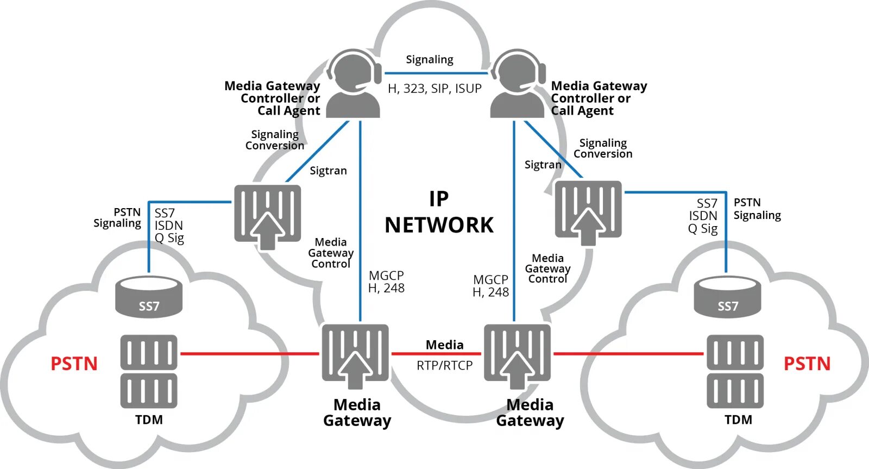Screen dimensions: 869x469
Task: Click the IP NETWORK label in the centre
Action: click(439, 212)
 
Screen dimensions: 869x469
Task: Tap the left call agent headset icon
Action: click(353, 83)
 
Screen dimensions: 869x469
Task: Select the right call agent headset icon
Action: click(518, 83)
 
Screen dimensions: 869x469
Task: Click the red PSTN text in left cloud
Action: click(74, 364)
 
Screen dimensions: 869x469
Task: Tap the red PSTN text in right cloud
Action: click(807, 364)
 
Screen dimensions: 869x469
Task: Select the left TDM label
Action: click(149, 420)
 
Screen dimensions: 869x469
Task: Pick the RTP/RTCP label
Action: click(445, 366)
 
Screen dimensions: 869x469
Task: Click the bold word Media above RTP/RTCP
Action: click(445, 345)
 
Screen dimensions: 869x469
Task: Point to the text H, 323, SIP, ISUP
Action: click(434, 89)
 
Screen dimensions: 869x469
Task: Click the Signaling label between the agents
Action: click(430, 60)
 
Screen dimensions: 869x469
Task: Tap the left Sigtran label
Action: click(328, 171)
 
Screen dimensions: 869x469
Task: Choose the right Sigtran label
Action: click(543, 165)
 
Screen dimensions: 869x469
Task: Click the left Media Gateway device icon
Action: click(355, 357)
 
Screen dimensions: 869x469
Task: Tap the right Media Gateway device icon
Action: click(518, 357)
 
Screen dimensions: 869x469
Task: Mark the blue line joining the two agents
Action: click(437, 73)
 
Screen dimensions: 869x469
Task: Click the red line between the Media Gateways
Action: click(437, 354)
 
